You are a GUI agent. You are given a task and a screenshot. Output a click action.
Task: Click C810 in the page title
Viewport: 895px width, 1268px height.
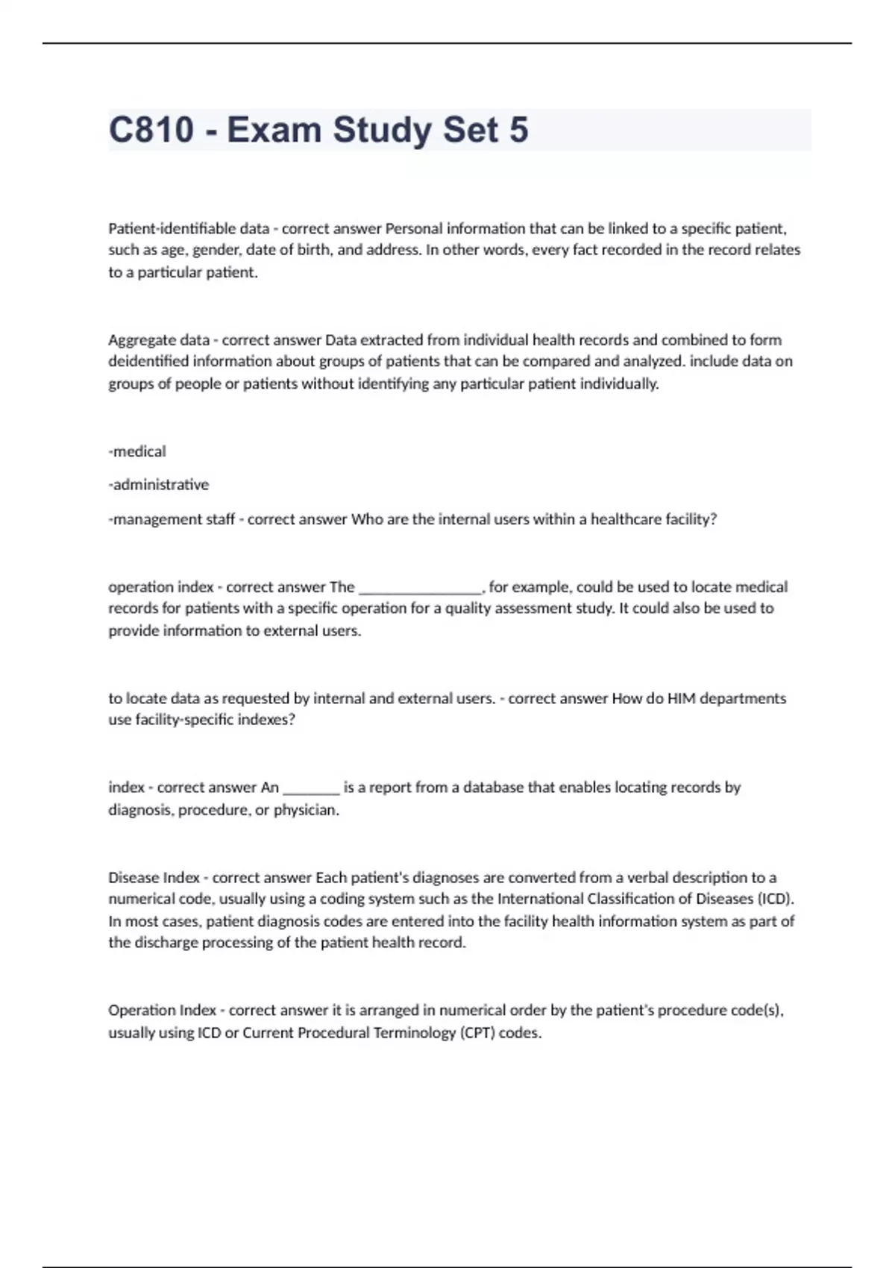click(151, 130)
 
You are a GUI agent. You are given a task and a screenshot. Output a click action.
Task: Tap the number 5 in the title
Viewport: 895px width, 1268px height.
click(519, 130)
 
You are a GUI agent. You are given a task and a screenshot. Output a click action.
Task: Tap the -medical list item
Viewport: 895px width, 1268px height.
click(137, 451)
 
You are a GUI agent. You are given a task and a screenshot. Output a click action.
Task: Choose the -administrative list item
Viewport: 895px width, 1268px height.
click(159, 485)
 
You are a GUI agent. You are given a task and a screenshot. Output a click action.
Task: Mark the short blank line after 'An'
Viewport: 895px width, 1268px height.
click(311, 788)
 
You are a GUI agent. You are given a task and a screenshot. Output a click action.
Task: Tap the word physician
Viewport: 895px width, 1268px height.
click(306, 810)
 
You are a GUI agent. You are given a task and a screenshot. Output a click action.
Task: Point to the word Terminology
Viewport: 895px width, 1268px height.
click(408, 1033)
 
